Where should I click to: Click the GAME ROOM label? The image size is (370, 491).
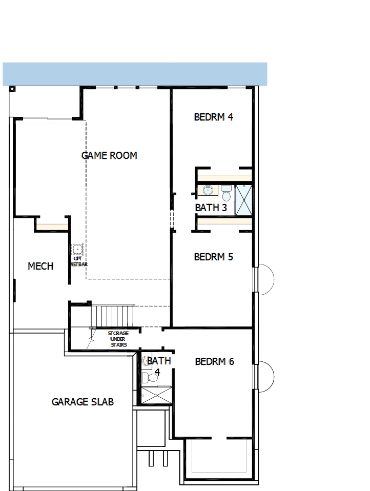pos(109,155)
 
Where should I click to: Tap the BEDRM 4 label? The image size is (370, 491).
pos(214,117)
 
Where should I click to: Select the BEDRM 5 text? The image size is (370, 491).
pos(214,257)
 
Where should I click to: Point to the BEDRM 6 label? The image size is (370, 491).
pos(214,361)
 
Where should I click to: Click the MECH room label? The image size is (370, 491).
pos(40,266)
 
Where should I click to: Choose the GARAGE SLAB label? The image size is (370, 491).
pos(83,402)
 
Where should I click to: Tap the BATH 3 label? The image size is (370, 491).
pos(211,208)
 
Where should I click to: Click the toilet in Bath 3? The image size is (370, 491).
pos(226,193)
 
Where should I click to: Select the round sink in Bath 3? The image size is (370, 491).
pos(208,191)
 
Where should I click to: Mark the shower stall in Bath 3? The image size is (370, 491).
pos(244,199)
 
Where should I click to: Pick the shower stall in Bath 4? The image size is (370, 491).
pos(157,396)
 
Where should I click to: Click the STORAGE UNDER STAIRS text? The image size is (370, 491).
pos(118,339)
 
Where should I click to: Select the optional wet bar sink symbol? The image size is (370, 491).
pos(77,250)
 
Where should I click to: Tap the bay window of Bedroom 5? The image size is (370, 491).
pos(265,279)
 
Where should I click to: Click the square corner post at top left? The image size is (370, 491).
pos(12,89)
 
